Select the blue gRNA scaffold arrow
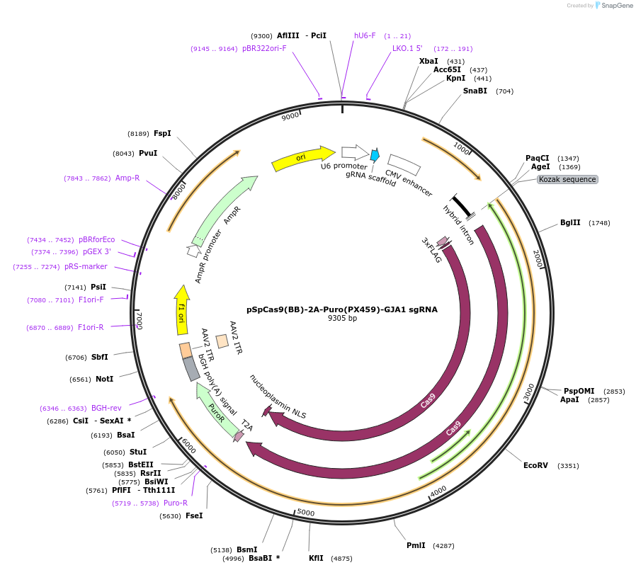(375, 154)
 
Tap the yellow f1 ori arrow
(182, 309)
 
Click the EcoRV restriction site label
(535, 465)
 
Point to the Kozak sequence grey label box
(567, 179)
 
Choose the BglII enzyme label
(570, 222)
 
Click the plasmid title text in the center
(342, 309)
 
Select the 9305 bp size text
(342, 319)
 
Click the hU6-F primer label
(365, 35)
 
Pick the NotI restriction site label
(104, 379)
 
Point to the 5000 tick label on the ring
(305, 512)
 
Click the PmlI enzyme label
(416, 545)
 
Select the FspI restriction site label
(162, 133)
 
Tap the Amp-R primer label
(127, 178)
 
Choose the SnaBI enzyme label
(475, 91)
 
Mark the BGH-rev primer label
(106, 408)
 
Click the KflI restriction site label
(316, 558)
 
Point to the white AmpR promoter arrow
(193, 251)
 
